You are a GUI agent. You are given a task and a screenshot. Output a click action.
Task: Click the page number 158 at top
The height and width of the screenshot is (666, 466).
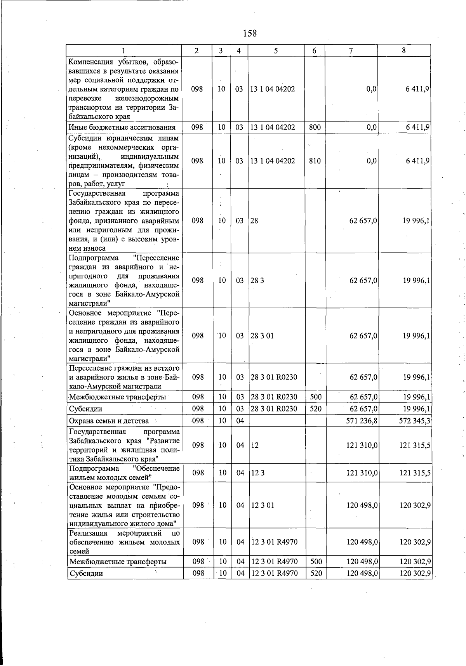[250, 33]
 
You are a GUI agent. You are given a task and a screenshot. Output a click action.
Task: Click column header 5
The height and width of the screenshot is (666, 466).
[276, 50]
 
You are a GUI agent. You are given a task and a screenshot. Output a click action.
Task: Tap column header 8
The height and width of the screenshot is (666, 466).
[404, 50]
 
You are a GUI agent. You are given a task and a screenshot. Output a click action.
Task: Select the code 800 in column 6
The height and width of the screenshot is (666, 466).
[315, 127]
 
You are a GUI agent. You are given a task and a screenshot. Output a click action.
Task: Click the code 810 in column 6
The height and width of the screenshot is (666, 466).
[315, 161]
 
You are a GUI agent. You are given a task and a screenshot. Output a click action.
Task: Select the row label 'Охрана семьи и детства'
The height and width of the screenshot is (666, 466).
[109, 421]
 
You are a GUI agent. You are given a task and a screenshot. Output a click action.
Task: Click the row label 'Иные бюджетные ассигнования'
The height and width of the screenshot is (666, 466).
[122, 127]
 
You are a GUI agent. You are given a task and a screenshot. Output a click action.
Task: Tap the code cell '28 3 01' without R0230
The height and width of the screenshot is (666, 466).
[262, 336]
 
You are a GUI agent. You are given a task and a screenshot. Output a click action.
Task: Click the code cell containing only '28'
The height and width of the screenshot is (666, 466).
[254, 221]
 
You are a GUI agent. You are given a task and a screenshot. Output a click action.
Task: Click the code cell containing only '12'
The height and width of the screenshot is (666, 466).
[255, 445]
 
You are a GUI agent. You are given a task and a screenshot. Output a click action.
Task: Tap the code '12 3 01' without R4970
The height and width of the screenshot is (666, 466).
[263, 505]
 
